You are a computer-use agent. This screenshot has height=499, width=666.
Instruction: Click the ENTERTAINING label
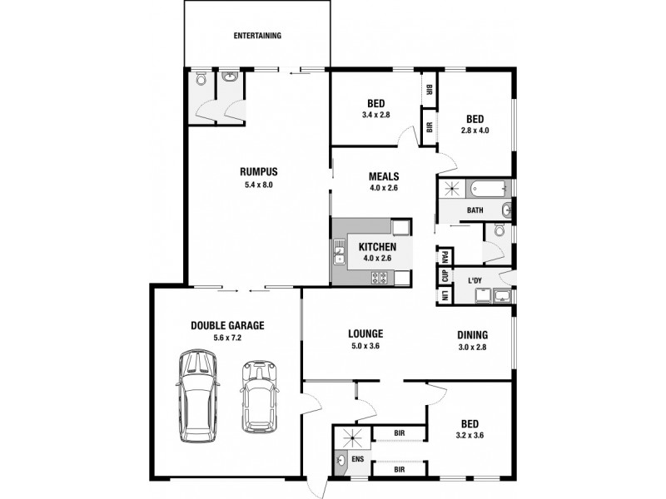click(x=257, y=36)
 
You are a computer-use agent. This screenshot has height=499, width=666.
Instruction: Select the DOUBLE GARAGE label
click(x=226, y=325)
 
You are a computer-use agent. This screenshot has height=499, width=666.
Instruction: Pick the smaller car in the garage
click(x=258, y=396)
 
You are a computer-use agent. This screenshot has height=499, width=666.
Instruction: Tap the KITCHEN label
click(x=376, y=246)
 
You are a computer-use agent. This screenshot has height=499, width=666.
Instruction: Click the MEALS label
click(x=385, y=176)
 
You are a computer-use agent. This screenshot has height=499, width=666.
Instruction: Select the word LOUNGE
click(x=365, y=334)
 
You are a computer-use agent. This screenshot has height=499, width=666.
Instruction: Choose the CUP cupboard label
click(x=445, y=276)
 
